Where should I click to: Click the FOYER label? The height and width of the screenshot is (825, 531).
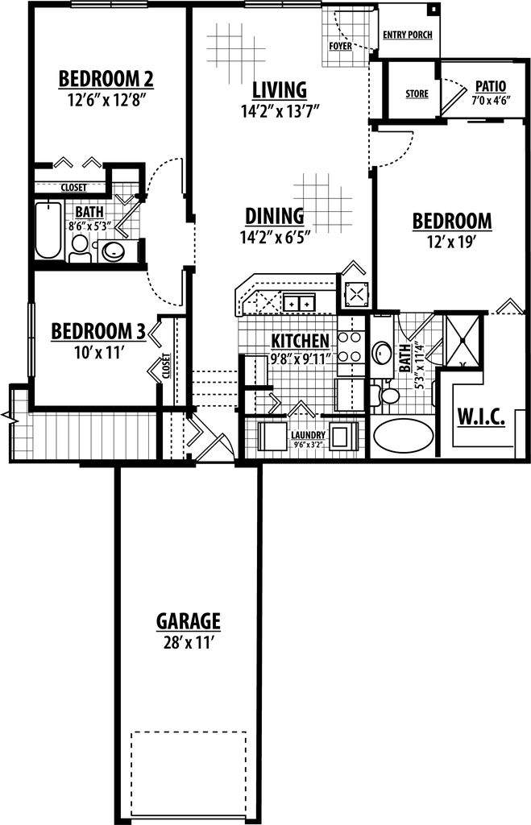(x=341, y=47)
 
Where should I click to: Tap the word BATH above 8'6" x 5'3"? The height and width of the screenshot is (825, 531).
(x=89, y=212)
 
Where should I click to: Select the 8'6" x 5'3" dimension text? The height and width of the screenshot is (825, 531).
(x=89, y=227)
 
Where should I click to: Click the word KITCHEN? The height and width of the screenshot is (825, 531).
(x=300, y=341)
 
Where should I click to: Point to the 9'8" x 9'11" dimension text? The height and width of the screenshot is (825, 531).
(x=301, y=359)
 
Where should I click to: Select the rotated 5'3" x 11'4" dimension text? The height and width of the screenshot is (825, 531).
(x=419, y=364)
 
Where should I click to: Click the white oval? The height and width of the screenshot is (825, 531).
(x=390, y=396)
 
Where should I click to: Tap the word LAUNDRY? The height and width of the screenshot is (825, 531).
(x=308, y=434)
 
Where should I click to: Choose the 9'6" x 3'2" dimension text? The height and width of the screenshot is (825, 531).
(x=308, y=445)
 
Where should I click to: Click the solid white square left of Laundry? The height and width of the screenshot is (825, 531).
(x=276, y=436)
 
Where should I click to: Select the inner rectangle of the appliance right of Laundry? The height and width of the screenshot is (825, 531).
(x=341, y=437)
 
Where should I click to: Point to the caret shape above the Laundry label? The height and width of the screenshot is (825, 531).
(x=301, y=409)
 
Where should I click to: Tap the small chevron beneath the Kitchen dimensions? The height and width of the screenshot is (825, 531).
(x=275, y=402)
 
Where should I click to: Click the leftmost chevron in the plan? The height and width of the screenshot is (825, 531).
(x=195, y=431)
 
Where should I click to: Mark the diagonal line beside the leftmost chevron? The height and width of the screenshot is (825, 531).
(x=209, y=447)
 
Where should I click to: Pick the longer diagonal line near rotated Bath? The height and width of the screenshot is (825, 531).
(x=421, y=327)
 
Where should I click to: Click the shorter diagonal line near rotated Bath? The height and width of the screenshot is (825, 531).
(x=434, y=347)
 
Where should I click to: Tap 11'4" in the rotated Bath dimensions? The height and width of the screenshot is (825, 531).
(x=419, y=352)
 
